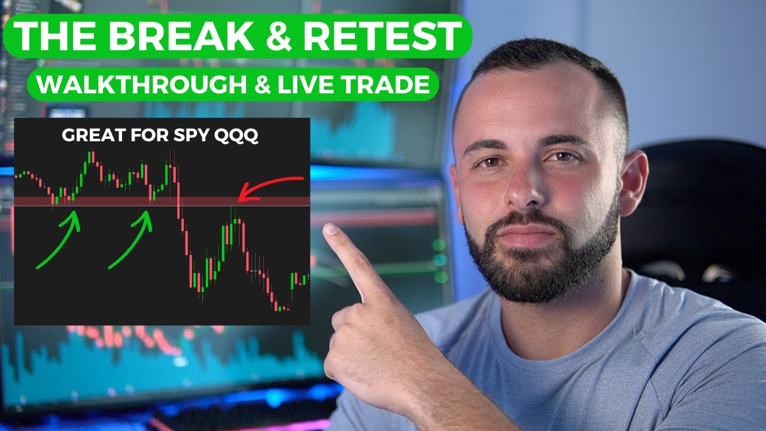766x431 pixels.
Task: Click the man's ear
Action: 636,180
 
